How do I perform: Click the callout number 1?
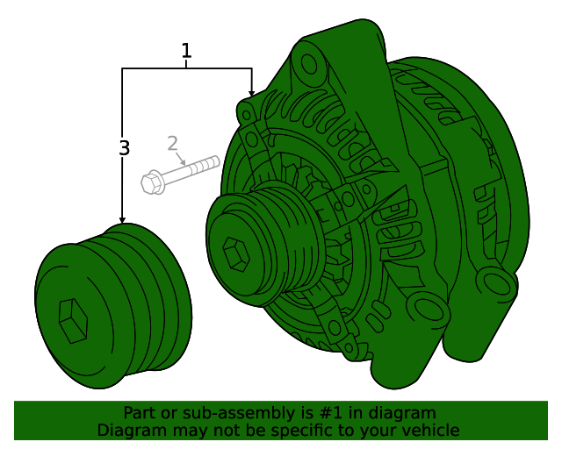[x=186, y=51]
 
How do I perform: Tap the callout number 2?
[x=173, y=143]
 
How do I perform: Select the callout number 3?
[x=124, y=148]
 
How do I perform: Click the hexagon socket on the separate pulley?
[x=73, y=321]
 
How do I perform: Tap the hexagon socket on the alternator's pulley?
[x=236, y=253]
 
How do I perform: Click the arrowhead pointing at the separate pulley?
[x=122, y=219]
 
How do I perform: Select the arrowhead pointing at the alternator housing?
[x=252, y=93]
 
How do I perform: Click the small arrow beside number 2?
[x=181, y=159]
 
